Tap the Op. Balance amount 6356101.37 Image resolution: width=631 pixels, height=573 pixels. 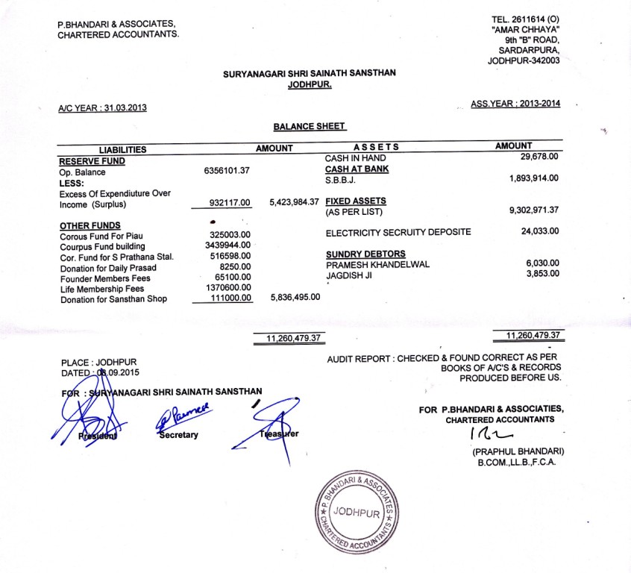pyautogui.click(x=226, y=171)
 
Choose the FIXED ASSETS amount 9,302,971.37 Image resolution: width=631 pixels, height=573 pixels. pyautogui.click(x=533, y=210)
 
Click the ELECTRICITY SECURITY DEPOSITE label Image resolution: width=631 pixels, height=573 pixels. pyautogui.click(x=398, y=232)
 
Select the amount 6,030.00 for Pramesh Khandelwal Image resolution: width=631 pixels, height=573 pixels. pyautogui.click(x=542, y=263)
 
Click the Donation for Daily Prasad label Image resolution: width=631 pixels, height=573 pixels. pyautogui.click(x=109, y=267)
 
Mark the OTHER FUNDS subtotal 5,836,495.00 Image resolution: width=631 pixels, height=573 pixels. pyautogui.click(x=295, y=297)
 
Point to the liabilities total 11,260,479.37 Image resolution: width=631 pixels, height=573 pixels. pyautogui.click(x=293, y=339)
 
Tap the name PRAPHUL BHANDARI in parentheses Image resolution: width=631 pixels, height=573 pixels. pyautogui.click(x=517, y=452)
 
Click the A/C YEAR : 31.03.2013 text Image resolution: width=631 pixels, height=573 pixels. pyautogui.click(x=102, y=108)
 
